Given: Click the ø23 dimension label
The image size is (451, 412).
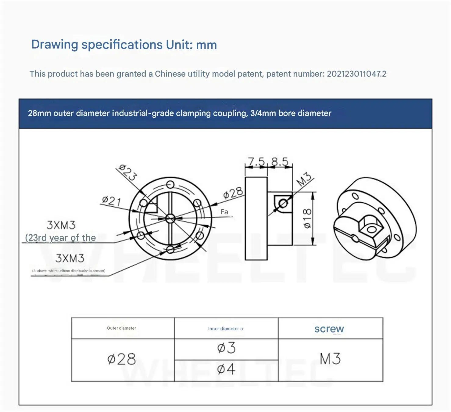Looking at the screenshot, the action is [x=128, y=172].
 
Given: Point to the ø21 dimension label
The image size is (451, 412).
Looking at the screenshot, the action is [x=112, y=201].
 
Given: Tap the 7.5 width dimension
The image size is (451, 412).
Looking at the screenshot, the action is [x=256, y=161].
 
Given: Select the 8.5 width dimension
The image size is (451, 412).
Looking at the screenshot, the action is [x=280, y=161].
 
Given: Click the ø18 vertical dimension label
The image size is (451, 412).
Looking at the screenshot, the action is [x=307, y=218].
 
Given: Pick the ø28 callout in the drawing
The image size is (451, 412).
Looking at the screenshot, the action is [x=233, y=193].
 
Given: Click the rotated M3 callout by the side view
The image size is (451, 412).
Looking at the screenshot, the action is [x=304, y=179].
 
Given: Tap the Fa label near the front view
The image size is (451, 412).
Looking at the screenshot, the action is [x=224, y=212].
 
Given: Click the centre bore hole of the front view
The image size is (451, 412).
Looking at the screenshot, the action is [x=170, y=218].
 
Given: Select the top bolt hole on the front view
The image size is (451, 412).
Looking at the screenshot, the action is [x=170, y=185].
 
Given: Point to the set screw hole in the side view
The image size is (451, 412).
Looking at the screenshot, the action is [x=283, y=204].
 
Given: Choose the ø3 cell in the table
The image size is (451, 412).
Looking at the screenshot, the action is [x=226, y=348].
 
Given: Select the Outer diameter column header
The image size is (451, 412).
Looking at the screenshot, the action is [x=121, y=328].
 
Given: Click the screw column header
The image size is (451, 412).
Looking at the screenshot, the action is [x=329, y=329].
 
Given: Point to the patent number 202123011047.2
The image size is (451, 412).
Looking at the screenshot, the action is [x=356, y=74].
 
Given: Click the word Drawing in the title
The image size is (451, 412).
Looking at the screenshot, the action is [x=55, y=45].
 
